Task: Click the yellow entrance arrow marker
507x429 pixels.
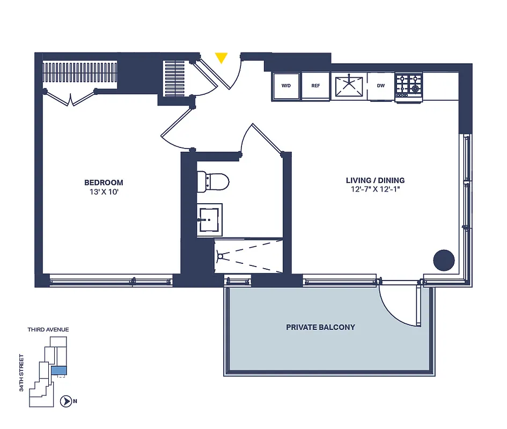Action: click(x=221, y=57)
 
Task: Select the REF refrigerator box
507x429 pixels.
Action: click(x=315, y=86)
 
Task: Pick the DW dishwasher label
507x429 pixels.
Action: click(x=381, y=86)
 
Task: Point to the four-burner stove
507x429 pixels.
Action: click(x=409, y=85)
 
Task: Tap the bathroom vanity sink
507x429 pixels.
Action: click(x=209, y=219)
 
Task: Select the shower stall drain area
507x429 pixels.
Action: click(x=220, y=256)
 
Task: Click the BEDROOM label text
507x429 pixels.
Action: click(x=104, y=182)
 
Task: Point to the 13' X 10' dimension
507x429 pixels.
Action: click(x=104, y=191)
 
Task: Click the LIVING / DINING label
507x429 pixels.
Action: click(x=375, y=180)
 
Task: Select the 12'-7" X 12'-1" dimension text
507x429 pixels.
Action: click(x=375, y=189)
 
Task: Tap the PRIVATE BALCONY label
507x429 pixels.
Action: click(x=320, y=327)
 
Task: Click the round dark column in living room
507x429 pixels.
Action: click(x=444, y=260)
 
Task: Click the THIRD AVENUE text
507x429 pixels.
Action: click(x=48, y=330)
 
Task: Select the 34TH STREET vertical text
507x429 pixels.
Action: click(x=22, y=372)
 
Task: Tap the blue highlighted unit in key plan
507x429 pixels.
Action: click(x=57, y=369)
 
